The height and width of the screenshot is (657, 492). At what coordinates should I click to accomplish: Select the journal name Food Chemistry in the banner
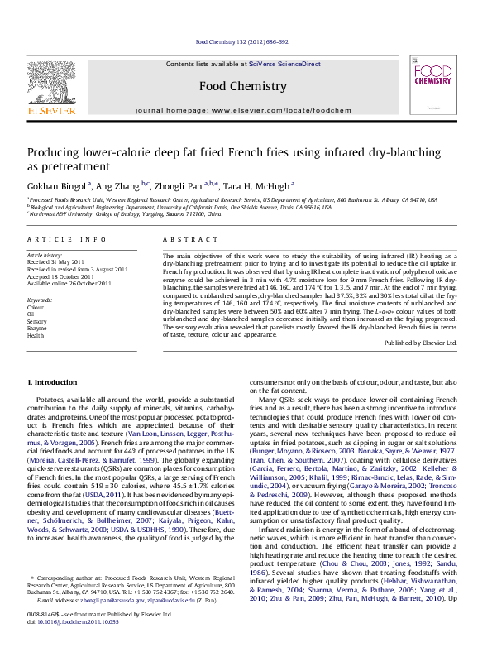click(x=243, y=86)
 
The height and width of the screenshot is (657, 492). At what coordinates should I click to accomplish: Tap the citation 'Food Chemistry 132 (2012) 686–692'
click(x=241, y=41)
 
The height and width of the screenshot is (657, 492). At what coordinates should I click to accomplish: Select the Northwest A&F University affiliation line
click(x=124, y=214)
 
